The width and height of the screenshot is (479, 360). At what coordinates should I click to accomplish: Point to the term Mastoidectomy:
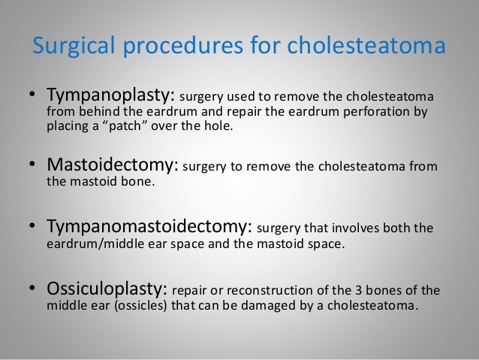pos(114,165)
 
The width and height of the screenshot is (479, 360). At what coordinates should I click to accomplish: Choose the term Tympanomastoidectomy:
pos(152,228)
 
